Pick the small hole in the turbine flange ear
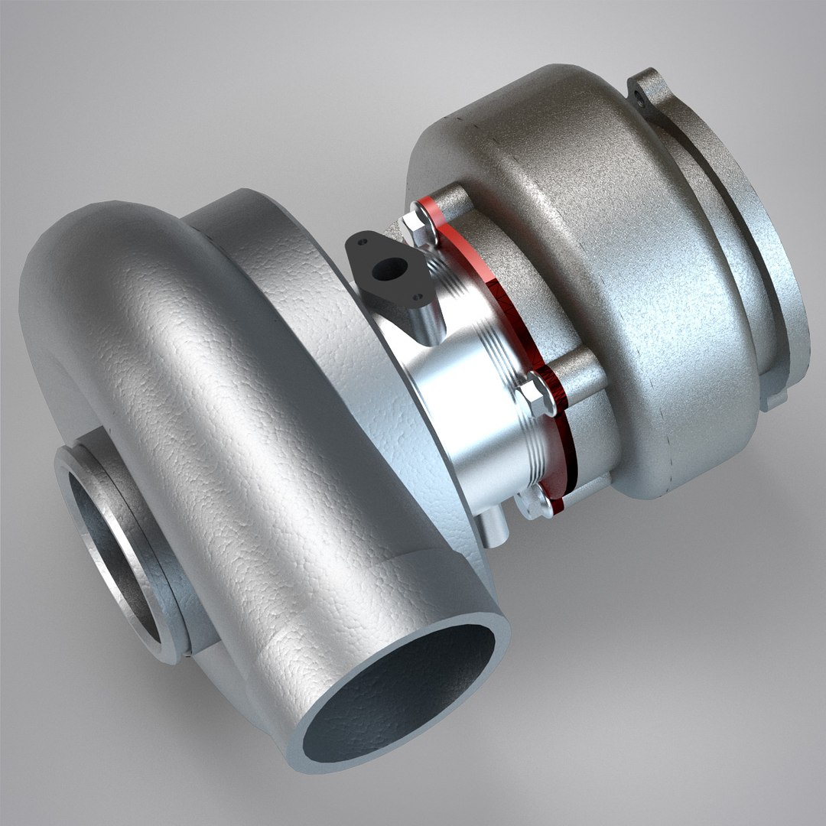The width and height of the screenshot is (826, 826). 639,96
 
